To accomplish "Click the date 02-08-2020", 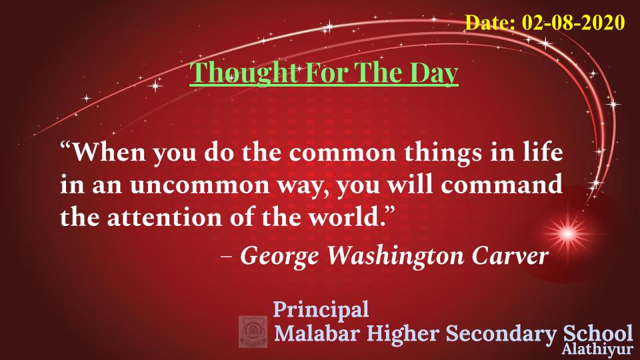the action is point(573,22).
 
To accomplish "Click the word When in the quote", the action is point(109,152).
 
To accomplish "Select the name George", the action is point(279,257).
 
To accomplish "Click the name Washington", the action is point(396,256).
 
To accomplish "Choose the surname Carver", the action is point(510,256).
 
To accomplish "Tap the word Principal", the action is point(321,310).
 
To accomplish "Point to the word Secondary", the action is point(501,334).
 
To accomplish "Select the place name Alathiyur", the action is point(597,349).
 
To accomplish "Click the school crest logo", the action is point(253,331).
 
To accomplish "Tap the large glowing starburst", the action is point(567,234).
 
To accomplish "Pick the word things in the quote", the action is point(443,153).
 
